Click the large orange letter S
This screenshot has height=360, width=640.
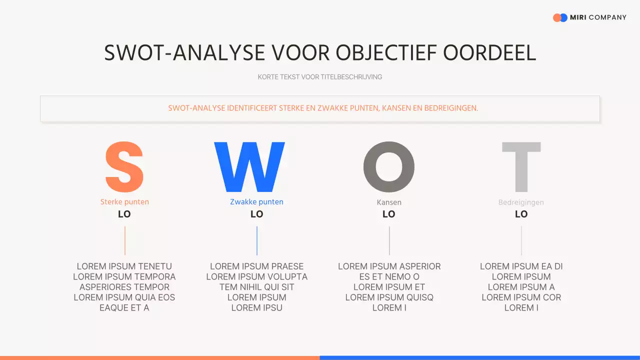tap(124, 167)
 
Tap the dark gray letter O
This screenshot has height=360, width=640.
tap(389, 167)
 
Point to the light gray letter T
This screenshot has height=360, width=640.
tap(521, 167)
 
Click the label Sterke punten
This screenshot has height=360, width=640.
tap(124, 202)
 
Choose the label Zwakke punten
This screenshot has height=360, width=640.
tap(256, 202)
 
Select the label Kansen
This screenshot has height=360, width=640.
tap(389, 202)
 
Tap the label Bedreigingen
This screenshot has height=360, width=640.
tap(521, 202)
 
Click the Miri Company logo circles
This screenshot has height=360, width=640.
tap(560, 17)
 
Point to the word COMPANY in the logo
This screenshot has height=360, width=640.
tap(607, 17)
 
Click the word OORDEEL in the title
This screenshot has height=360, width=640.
tap(489, 53)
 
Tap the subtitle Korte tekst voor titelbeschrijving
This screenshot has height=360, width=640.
tap(320, 77)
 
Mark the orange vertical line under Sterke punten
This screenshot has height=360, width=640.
tap(124, 240)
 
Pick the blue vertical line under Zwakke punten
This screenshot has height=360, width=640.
tap(256, 240)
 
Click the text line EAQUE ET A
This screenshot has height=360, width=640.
tap(124, 308)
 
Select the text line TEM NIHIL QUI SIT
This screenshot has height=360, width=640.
tap(256, 287)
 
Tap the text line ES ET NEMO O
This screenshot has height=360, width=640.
tap(389, 276)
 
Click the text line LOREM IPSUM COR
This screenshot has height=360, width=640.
tap(521, 297)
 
